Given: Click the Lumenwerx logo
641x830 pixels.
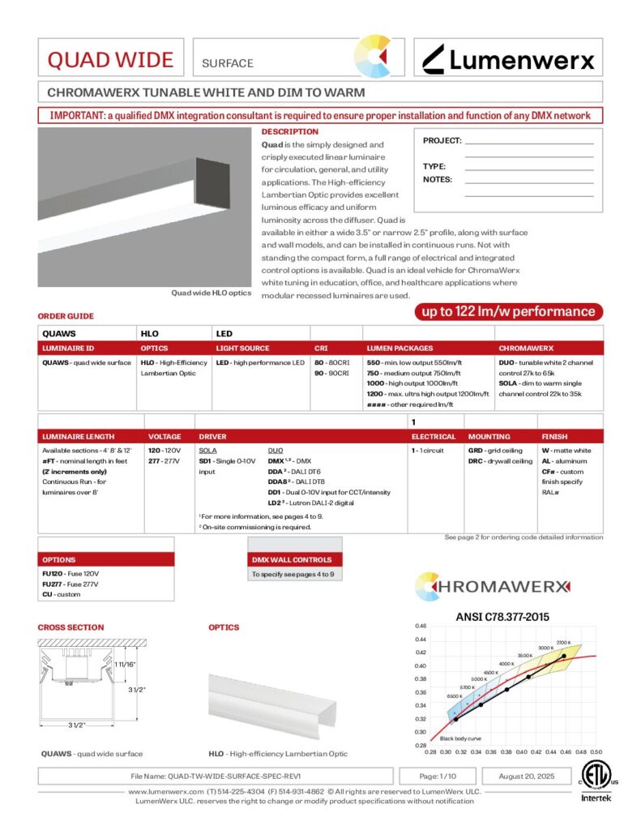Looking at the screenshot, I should pos(509,59).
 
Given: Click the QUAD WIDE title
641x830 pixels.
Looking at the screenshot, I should pos(110,60).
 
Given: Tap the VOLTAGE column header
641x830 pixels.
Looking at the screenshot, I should pos(165,436).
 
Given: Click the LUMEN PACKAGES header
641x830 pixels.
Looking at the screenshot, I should pos(400,347).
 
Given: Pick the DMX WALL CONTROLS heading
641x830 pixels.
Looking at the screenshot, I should pos(292,559).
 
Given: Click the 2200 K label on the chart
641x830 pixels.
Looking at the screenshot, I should pos(564,643).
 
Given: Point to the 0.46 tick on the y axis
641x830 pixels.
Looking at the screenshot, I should pos(421,627).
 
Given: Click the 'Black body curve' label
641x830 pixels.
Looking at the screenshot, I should pos(459,738).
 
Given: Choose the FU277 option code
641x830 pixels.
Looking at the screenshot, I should pos(52,584).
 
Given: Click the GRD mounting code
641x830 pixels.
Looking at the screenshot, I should pos(476,450).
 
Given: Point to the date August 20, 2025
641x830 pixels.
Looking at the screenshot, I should pos(524,776).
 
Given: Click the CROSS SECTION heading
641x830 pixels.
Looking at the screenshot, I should pos(71,627).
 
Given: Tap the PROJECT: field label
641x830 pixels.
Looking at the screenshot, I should pos(442,140).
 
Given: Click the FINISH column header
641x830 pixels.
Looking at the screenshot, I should pos(555,436).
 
